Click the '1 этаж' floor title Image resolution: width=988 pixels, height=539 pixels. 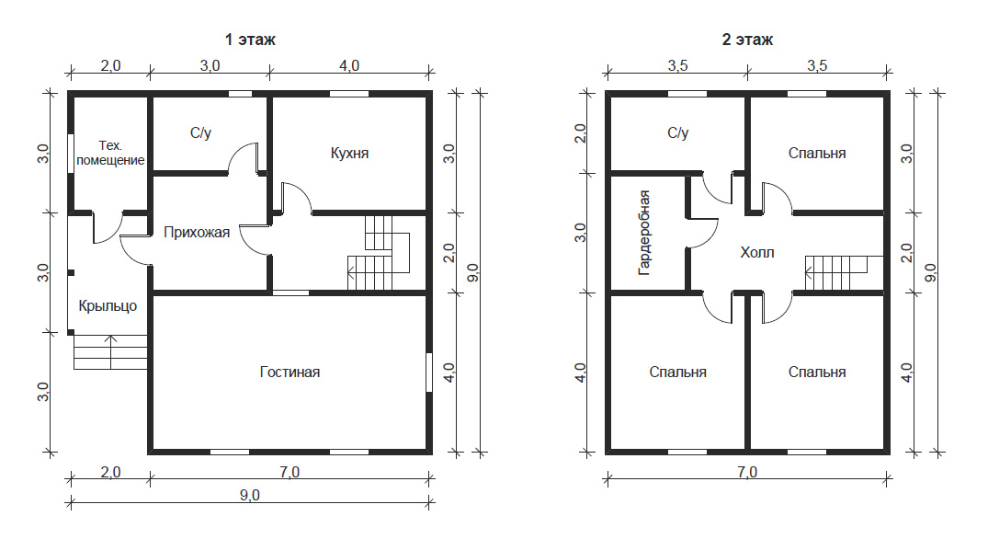click(250, 40)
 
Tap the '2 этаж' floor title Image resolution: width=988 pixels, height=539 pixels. click(747, 40)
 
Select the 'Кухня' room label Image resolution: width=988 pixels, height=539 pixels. click(350, 154)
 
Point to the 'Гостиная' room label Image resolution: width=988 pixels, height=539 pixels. click(290, 372)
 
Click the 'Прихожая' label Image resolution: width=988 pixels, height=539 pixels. click(197, 233)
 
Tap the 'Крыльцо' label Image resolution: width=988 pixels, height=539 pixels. click(108, 306)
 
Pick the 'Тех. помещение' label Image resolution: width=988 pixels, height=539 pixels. click(110, 154)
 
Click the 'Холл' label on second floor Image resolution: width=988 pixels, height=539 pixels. click(757, 253)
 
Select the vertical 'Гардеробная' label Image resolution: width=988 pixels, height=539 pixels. click(644, 233)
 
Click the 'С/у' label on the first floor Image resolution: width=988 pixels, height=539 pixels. click(201, 133)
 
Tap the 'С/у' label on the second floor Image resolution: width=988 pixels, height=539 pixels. click(678, 133)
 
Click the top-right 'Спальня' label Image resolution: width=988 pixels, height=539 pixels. click(817, 154)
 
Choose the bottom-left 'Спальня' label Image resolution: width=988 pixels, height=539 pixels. click(678, 372)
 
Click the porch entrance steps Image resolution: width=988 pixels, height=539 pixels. click(110, 352)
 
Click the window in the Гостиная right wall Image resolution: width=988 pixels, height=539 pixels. click(429, 372)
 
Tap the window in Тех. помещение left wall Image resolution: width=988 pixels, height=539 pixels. click(71, 154)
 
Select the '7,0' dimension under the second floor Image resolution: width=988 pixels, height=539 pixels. click(747, 472)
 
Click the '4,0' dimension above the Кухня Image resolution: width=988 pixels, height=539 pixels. click(349, 65)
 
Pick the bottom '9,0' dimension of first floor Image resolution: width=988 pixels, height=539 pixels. click(249, 496)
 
